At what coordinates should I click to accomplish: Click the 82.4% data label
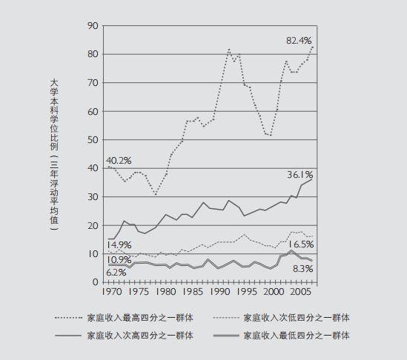299,41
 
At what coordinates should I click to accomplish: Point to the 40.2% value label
119,161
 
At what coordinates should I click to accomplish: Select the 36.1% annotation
300,175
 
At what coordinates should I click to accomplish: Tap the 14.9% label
119,245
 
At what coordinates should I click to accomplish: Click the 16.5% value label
300,244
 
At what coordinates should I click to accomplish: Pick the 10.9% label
119,259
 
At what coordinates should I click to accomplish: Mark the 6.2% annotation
116,273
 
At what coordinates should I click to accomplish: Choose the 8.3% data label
302,269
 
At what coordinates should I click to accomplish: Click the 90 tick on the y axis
93,26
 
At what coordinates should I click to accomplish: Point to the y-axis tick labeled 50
93,140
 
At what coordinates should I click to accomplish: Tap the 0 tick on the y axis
96,282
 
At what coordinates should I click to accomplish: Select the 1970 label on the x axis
112,292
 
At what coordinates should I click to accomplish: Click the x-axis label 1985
192,292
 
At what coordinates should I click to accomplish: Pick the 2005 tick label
300,292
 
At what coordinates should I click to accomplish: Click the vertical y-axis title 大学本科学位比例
54,115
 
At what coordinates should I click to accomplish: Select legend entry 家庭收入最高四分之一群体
140,318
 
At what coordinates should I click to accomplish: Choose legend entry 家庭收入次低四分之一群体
297,318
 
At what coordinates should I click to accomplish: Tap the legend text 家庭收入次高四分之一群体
140,336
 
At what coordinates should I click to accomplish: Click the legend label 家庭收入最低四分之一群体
297,336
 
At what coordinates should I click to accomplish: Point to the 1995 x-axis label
247,292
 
